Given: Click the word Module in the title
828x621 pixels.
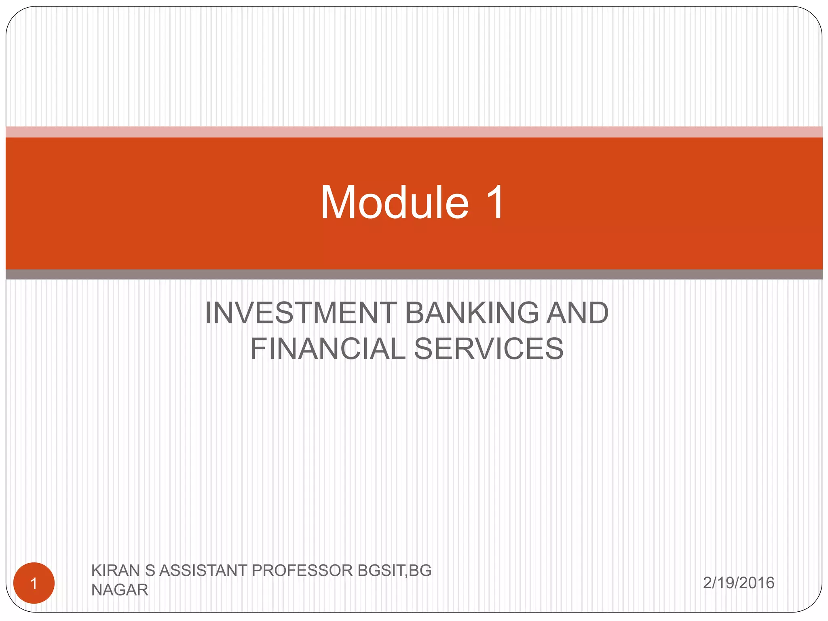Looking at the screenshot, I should pyautogui.click(x=394, y=202).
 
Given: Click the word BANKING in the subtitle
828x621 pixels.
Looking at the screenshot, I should pyautogui.click(x=471, y=313).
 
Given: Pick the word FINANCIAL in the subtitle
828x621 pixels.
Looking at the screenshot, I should pyautogui.click(x=327, y=349).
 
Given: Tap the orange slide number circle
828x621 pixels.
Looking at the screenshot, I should pyautogui.click(x=34, y=583).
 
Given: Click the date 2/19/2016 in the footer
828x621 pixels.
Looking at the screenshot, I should pyautogui.click(x=738, y=583).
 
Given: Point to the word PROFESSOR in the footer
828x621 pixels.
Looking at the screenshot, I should pyautogui.click(x=302, y=570).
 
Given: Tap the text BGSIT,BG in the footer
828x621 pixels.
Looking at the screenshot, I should pyautogui.click(x=394, y=570).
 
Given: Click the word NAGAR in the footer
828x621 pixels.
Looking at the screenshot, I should pyautogui.click(x=120, y=590).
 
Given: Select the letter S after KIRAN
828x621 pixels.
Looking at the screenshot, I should pyautogui.click(x=150, y=570).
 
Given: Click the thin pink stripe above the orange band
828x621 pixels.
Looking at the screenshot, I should pyautogui.click(x=414, y=132).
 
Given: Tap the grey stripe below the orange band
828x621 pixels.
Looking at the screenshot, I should pyautogui.click(x=414, y=275).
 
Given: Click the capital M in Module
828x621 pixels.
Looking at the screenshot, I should pyautogui.click(x=338, y=202).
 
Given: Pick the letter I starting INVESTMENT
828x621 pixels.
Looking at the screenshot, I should pyautogui.click(x=209, y=313).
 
